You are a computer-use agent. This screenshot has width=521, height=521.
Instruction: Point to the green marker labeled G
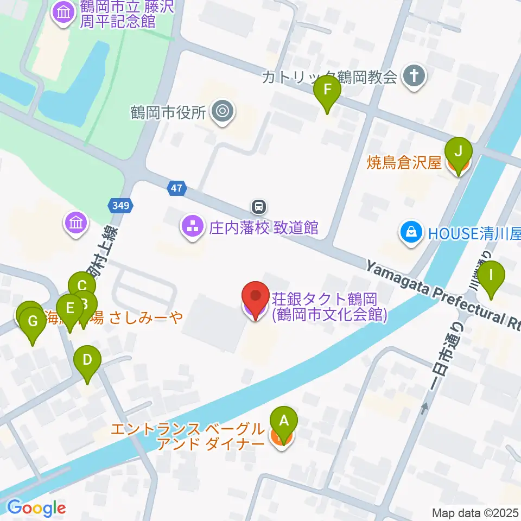33,323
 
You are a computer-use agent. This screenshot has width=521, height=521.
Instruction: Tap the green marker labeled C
81,286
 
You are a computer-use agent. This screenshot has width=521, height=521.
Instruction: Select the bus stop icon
259,206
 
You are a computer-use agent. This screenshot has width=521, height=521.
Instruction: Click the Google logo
37,507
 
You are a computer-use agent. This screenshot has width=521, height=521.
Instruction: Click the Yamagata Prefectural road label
442,295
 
